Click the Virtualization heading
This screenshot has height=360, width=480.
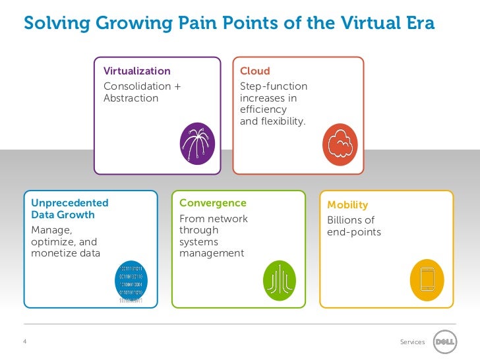(137, 71)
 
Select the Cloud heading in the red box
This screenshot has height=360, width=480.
(255, 71)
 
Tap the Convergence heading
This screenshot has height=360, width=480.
(212, 203)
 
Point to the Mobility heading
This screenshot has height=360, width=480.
(347, 205)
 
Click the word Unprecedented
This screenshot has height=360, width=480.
(70, 203)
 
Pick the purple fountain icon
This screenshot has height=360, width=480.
(196, 142)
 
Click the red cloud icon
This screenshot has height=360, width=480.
(340, 144)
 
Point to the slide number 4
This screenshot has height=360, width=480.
(24, 342)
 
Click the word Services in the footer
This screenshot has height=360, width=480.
(413, 342)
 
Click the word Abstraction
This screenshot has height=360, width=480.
(131, 98)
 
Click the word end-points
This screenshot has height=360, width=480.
(354, 232)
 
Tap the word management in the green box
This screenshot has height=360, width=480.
(212, 253)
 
